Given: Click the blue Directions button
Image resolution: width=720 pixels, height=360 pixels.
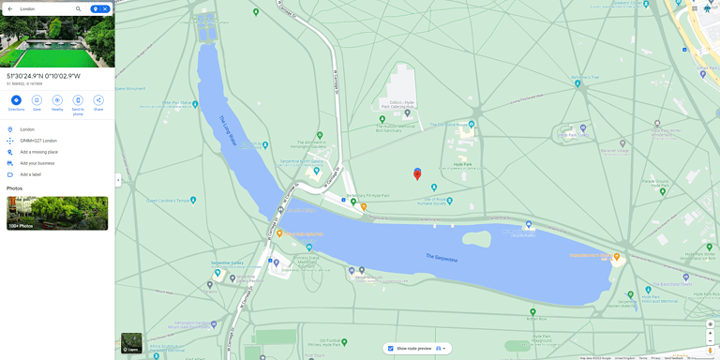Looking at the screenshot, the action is (16, 100).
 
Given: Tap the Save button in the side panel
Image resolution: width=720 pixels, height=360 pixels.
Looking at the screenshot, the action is (37, 100).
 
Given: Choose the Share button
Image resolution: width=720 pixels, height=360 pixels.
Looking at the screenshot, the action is (98, 100).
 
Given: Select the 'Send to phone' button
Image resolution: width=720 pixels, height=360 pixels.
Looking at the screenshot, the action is (78, 100).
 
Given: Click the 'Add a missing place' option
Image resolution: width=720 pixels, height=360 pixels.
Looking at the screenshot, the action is (38, 152).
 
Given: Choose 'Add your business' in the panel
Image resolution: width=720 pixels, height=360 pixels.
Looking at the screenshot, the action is (37, 163).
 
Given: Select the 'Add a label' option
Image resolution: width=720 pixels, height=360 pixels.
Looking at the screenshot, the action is (31, 174).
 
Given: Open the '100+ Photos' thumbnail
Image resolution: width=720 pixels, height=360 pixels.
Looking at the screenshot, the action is (57, 213).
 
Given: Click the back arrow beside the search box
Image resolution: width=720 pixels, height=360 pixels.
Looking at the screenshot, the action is (9, 8).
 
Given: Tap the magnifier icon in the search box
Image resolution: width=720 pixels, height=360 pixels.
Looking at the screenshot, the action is (79, 8).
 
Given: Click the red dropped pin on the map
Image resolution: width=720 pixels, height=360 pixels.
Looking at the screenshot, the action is (417, 173).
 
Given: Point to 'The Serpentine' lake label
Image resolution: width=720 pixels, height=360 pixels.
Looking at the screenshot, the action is (442, 257).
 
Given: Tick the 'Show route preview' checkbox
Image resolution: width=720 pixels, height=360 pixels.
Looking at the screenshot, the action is (391, 349).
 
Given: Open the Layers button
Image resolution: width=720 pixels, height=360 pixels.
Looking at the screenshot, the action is (131, 343).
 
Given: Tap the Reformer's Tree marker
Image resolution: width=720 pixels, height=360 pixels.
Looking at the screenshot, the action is (578, 83).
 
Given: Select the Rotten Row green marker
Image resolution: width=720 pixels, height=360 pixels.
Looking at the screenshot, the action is (532, 311).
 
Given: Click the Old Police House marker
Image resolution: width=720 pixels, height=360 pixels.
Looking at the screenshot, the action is (471, 124).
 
